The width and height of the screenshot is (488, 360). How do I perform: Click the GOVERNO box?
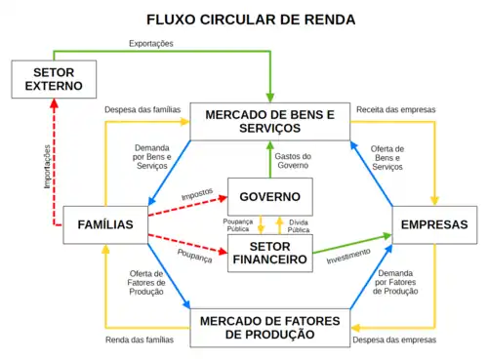tap(270, 196)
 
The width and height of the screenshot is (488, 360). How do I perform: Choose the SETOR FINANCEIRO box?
tap(270, 253)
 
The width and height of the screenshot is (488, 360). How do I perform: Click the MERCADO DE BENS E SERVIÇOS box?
tap(269, 122)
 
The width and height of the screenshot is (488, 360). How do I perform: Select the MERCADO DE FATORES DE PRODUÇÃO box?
tap(270, 327)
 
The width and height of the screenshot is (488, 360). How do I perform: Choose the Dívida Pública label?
tap(299, 226)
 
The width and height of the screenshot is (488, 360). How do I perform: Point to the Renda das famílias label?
tap(139, 340)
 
